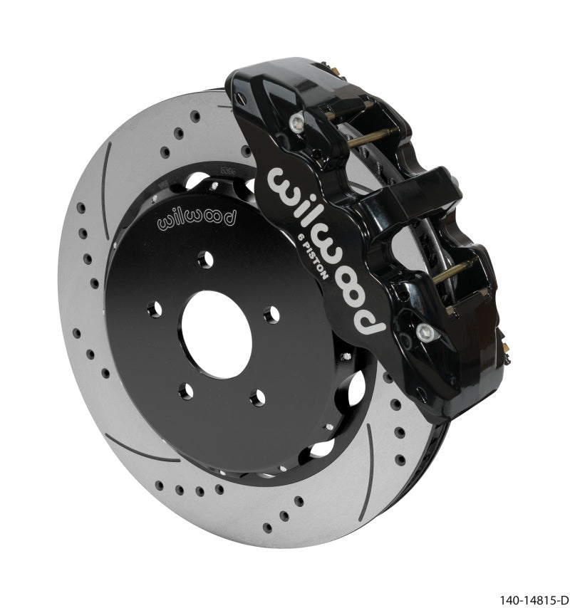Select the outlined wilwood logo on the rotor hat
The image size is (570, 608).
pos(195,216)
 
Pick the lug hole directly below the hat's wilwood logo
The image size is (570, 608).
pos(205,260)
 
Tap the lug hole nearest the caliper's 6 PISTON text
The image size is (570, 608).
pos(271,313)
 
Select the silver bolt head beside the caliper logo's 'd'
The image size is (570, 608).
pos(425,330)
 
